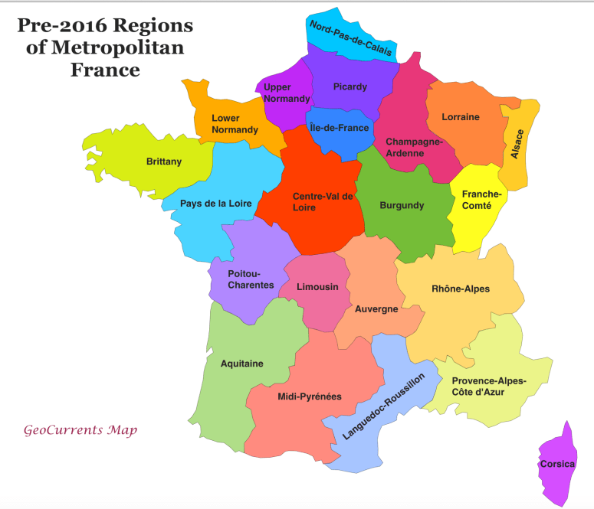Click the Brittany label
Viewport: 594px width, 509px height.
coord(164,162)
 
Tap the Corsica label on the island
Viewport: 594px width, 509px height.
coord(556,464)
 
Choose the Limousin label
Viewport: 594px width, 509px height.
coord(317,287)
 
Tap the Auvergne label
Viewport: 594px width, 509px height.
coord(376,308)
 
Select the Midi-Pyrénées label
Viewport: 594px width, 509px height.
coord(310,396)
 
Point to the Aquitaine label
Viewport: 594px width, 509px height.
coord(241,364)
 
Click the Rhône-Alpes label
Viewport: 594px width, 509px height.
coord(460,289)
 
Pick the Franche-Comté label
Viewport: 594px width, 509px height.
coord(481,200)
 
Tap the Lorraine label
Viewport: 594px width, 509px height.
coord(461,117)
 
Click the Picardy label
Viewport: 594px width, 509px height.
coord(350,86)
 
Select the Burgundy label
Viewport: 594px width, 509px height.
coord(402,205)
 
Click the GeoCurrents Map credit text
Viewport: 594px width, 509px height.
coord(80,430)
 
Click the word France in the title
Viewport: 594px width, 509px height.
coord(105,70)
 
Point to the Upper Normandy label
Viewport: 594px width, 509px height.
coord(287,93)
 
